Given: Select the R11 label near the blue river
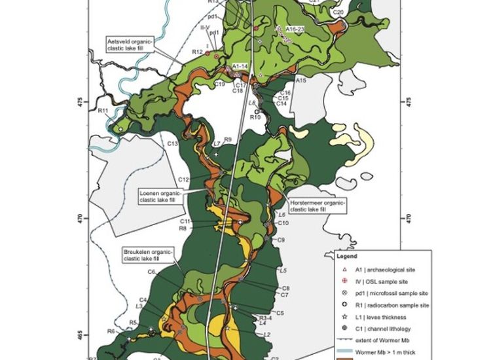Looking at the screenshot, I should tap(103, 111).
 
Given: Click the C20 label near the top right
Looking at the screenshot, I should tap(338, 12).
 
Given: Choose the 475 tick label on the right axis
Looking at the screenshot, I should tap(410, 102).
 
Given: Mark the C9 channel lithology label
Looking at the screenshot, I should tap(280, 240).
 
